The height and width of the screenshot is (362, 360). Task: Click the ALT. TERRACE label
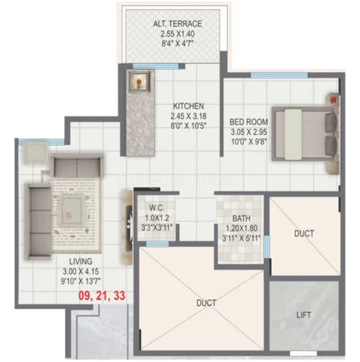177,23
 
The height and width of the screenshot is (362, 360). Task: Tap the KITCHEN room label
188,105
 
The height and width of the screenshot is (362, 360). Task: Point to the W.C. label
157,208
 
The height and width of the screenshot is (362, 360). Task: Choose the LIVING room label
80,261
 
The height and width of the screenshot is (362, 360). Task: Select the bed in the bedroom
305,134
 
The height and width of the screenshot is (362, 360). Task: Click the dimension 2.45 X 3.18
188,116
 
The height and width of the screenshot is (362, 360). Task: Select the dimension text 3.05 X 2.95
248,132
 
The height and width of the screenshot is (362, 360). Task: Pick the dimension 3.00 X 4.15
80,271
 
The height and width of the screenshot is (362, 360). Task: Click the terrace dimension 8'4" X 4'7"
177,44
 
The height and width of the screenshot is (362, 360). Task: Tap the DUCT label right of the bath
304,233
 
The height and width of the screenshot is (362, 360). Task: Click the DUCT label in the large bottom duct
206,303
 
